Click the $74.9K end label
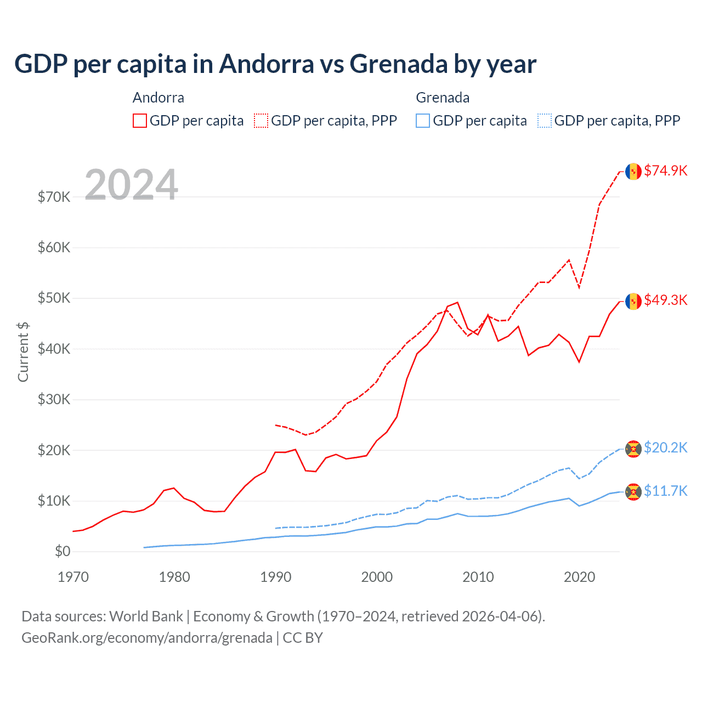665,171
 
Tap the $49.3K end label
665,300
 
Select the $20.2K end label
665,448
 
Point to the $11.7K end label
665,490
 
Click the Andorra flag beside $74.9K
633,171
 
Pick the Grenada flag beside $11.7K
633,491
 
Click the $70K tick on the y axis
54,197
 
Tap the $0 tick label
63,551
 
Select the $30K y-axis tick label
54,399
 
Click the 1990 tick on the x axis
276,577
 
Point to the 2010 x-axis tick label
478,577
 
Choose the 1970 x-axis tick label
73,577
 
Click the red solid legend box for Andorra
140,121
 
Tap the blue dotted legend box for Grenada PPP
545,121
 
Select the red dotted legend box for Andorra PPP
261,121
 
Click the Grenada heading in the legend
443,98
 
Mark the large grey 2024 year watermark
132,185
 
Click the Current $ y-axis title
23,352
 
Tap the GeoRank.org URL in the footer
147,638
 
